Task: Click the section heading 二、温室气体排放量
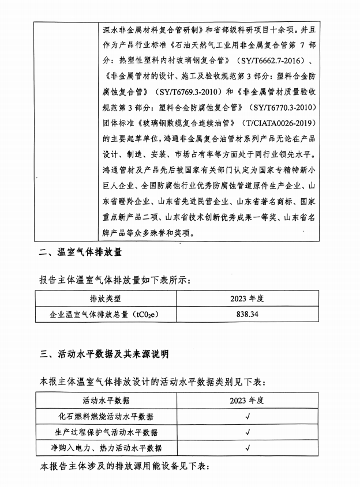pyautogui.click(x=80, y=252)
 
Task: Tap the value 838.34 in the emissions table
pyautogui.click(x=247, y=315)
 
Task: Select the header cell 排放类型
pyautogui.click(x=106, y=299)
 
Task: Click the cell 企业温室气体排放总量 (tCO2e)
pyautogui.click(x=106, y=315)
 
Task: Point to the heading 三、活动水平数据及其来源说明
pyautogui.click(x=104, y=354)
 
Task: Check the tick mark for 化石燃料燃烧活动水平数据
pyautogui.click(x=247, y=417)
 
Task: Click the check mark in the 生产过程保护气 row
pyautogui.click(x=247, y=432)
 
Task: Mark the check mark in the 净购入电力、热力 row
pyautogui.click(x=247, y=448)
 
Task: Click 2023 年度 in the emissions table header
pyautogui.click(x=247, y=299)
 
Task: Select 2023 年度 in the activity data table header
pyautogui.click(x=247, y=401)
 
